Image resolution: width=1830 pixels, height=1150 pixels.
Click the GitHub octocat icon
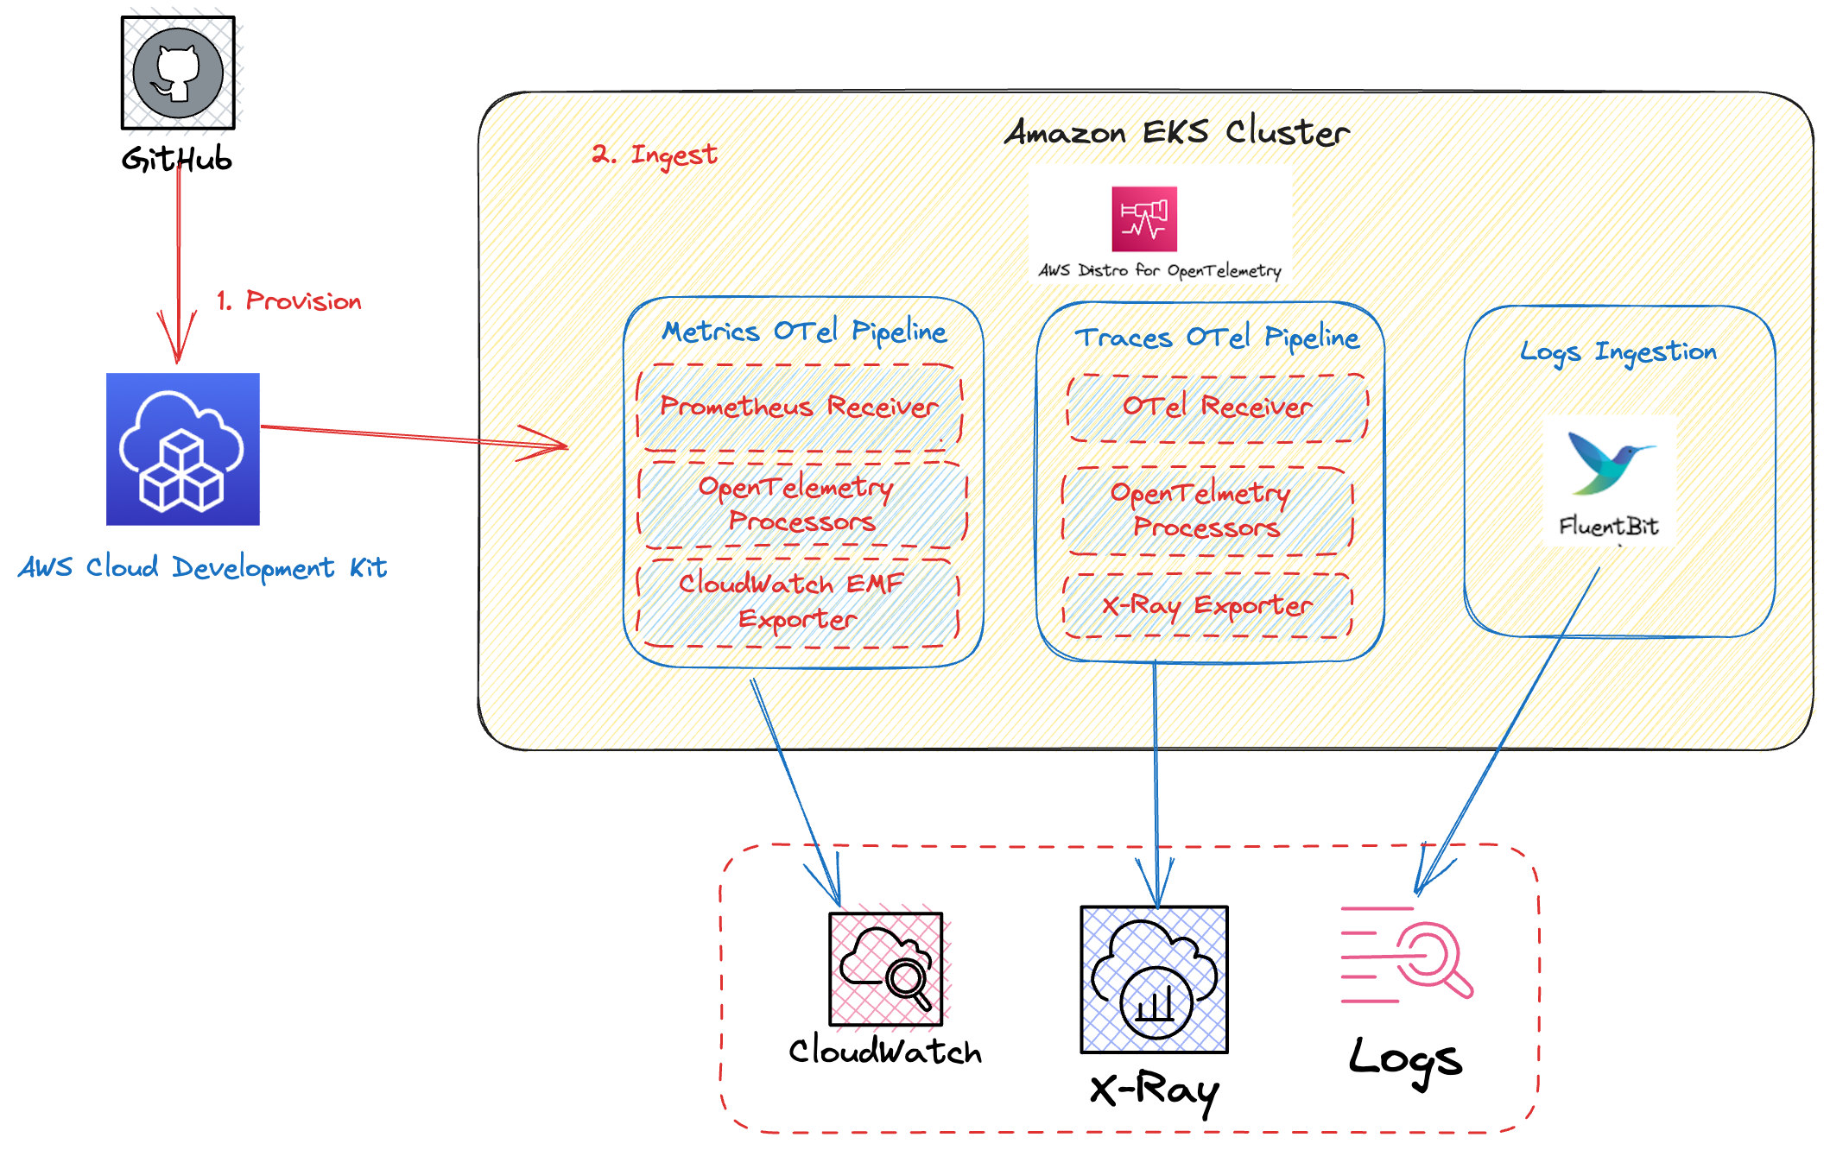tap(178, 73)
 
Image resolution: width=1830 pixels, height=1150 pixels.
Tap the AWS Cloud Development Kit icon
tap(183, 449)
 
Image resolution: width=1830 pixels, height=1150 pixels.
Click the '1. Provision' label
tap(289, 300)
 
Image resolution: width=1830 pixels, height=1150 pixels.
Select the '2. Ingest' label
tap(655, 155)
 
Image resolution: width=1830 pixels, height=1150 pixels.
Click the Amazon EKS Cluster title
tap(1177, 132)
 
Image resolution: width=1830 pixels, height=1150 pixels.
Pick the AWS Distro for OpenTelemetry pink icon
tap(1144, 219)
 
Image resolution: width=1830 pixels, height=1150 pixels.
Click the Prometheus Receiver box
tap(800, 407)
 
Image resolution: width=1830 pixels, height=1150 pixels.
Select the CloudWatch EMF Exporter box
tap(798, 602)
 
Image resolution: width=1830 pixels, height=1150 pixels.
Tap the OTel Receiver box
tap(1218, 408)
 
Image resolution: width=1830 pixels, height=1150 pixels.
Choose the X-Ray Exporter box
tap(1207, 605)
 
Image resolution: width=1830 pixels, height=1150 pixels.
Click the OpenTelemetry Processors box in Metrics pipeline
tap(802, 505)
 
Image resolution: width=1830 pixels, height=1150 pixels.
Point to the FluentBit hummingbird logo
tap(1609, 462)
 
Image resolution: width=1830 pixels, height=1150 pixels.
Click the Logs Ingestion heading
tap(1618, 352)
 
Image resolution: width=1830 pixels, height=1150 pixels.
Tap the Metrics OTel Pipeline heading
tap(804, 332)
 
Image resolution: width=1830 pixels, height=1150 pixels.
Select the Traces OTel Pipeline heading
tap(1217, 338)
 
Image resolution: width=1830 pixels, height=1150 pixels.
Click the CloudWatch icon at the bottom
tap(886, 969)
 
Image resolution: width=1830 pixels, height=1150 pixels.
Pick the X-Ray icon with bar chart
tap(1155, 979)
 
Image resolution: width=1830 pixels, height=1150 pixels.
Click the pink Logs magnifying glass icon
tap(1408, 954)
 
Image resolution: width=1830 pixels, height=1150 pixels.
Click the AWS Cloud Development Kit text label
tap(203, 567)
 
